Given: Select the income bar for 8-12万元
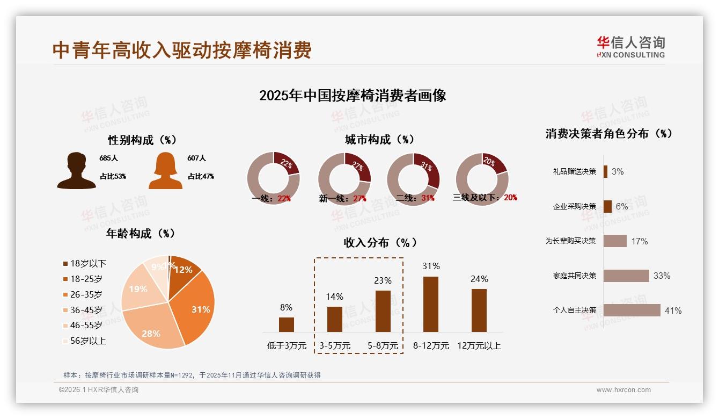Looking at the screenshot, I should click(x=431, y=304).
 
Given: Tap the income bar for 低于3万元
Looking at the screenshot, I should click(x=287, y=324).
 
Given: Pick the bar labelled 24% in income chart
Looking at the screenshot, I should click(x=479, y=310).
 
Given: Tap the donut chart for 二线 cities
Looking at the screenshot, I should click(x=413, y=179).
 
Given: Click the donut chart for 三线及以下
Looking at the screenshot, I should click(x=482, y=179).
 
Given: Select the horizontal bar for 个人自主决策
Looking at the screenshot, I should click(x=632, y=310).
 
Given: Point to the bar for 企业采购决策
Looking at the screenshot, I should click(x=607, y=206).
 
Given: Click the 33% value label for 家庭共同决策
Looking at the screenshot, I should click(x=662, y=276).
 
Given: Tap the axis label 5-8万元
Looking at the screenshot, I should click(x=383, y=346).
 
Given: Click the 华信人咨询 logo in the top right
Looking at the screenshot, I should click(x=630, y=47).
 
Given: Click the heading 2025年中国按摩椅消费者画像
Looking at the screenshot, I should click(x=353, y=96).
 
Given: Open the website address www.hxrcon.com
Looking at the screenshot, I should click(x=623, y=390).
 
